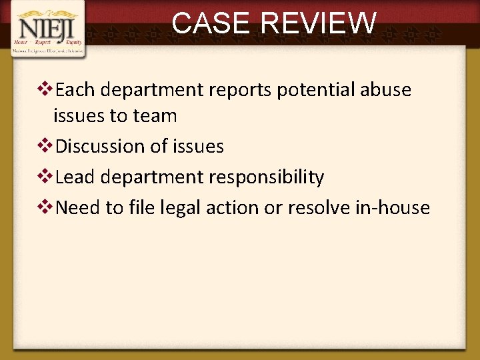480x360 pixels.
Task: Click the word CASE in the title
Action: tap(213, 23)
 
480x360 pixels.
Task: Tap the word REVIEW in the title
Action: tap(319, 23)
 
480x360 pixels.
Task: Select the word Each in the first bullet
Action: tap(75, 90)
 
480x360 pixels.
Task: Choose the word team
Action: tap(155, 116)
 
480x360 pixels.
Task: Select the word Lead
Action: tap(75, 177)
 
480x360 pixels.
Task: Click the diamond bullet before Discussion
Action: tap(47, 146)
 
